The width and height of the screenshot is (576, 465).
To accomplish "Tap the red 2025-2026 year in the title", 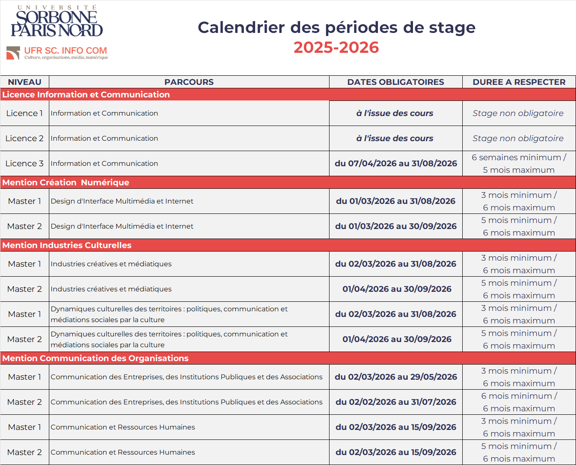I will tap(336, 47).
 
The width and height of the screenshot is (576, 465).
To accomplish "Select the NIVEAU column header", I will tap(25, 82).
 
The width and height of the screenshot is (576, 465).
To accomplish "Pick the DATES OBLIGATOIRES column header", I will tap(396, 82).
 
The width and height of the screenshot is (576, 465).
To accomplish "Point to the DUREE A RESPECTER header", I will tap(519, 82).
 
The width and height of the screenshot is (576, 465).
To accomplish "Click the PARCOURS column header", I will tap(189, 82).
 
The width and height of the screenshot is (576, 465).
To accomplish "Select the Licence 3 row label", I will tap(25, 163).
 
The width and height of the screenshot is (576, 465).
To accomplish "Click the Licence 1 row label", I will tap(25, 113).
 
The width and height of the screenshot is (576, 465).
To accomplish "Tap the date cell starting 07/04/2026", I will tap(396, 163).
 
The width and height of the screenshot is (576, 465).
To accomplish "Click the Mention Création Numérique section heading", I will tap(66, 182).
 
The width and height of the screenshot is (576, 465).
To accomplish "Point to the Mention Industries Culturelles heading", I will tap(67, 245).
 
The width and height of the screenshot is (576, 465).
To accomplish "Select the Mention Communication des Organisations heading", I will tap(96, 358).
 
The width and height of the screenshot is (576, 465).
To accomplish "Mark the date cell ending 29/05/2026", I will tap(396, 377).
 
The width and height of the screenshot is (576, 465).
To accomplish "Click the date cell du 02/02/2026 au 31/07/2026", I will tap(396, 402).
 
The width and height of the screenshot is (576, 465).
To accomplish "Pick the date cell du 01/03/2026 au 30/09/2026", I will tap(396, 226).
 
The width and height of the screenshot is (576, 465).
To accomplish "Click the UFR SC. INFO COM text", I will tap(66, 51).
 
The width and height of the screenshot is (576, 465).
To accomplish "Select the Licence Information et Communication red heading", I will tap(86, 94).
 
